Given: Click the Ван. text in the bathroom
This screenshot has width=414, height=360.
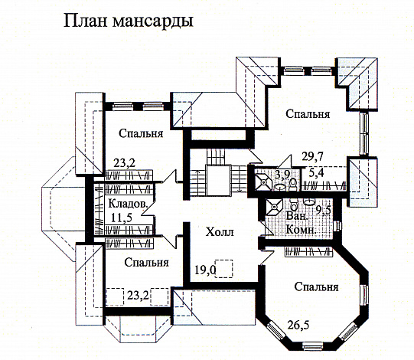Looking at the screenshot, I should pos(295,217).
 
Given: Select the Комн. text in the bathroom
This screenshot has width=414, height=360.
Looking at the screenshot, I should pos(298,228).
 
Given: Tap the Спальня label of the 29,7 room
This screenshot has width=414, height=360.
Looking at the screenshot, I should pos(308,114).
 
